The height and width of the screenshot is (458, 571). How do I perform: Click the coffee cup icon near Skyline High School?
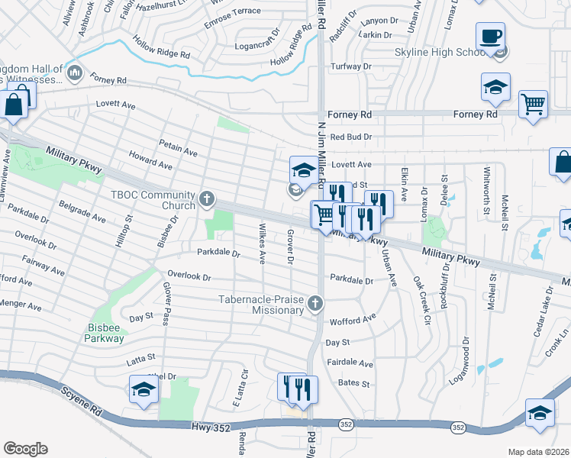(x=491, y=36)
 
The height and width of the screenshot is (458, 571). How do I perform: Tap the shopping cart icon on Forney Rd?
(x=533, y=104)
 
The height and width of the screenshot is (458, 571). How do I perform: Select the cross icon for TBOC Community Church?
(x=206, y=200)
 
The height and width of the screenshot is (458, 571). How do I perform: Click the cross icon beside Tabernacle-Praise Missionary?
(x=315, y=305)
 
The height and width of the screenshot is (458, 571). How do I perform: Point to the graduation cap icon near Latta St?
(x=144, y=389)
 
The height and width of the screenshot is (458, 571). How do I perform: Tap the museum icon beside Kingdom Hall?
(x=75, y=73)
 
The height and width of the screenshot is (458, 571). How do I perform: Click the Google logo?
(x=25, y=449)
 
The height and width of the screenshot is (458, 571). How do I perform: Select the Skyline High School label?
(x=439, y=52)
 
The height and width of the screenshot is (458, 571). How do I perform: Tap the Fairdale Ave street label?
(x=350, y=364)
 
